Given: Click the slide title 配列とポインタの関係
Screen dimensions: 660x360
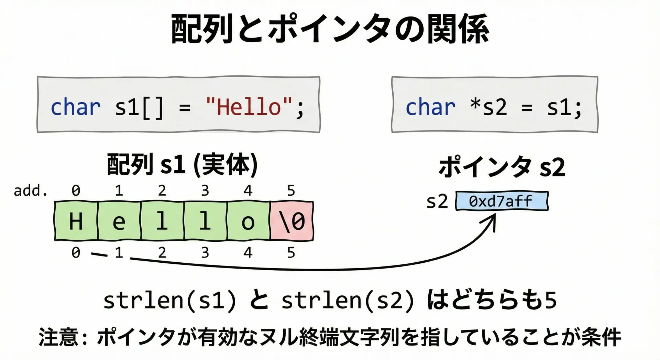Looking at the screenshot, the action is click(x=330, y=29).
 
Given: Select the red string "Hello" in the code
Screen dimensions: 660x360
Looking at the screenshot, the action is click(x=249, y=107).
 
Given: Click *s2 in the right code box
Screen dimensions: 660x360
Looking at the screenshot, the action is click(x=488, y=107).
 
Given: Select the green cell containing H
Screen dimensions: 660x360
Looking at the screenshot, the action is click(x=76, y=221).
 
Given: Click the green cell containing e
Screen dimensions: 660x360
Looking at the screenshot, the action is click(x=119, y=221).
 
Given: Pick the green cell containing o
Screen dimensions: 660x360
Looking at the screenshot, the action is click(x=248, y=221).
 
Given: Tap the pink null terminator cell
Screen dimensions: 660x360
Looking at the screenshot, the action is click(x=292, y=221).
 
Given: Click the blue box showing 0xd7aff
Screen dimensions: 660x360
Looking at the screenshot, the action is click(x=502, y=201).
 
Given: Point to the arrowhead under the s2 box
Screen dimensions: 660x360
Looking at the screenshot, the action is click(x=492, y=220).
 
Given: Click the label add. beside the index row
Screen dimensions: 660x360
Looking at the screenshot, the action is click(x=31, y=190).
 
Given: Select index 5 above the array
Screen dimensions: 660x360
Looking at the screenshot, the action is click(x=291, y=190).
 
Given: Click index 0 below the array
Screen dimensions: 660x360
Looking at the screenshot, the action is click(x=76, y=253).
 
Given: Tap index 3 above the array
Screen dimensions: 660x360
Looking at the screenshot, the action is click(x=205, y=190).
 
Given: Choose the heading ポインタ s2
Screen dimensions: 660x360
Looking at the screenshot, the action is click(x=502, y=167).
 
